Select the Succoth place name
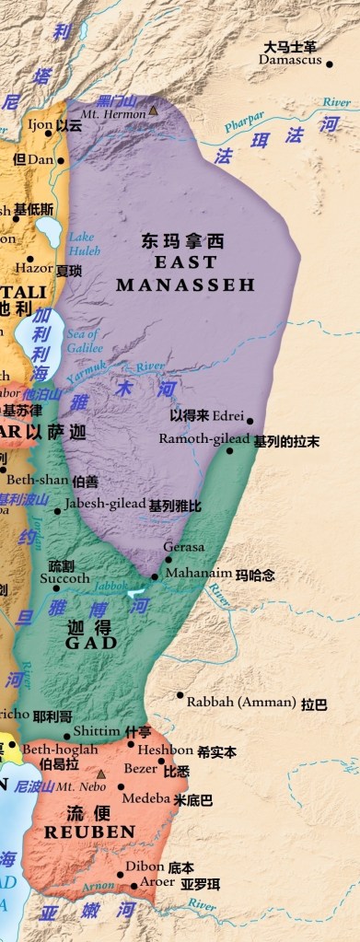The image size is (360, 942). [64, 578]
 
